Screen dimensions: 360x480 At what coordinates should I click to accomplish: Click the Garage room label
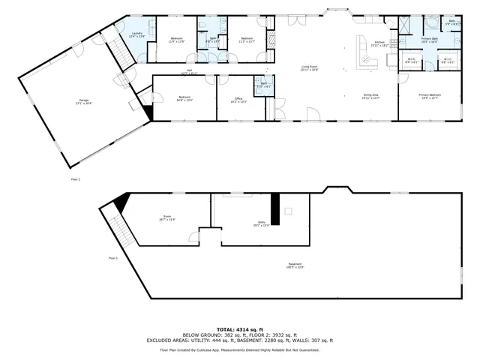coord(78,101)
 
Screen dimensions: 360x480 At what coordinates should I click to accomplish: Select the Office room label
coord(238,98)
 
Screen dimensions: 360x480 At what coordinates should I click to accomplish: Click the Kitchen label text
coord(379,43)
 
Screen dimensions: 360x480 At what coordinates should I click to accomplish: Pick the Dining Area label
coord(370,96)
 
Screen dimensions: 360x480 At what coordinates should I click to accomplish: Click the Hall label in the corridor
coord(190,72)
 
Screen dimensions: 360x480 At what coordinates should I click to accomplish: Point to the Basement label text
coord(295,265)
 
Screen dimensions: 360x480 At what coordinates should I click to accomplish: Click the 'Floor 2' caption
coord(75,179)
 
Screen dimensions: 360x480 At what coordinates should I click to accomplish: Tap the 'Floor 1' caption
coord(112,258)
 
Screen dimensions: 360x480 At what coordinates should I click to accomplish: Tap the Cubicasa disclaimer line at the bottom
coord(240,349)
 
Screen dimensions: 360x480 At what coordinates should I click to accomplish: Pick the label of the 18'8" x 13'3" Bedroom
coord(184,98)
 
